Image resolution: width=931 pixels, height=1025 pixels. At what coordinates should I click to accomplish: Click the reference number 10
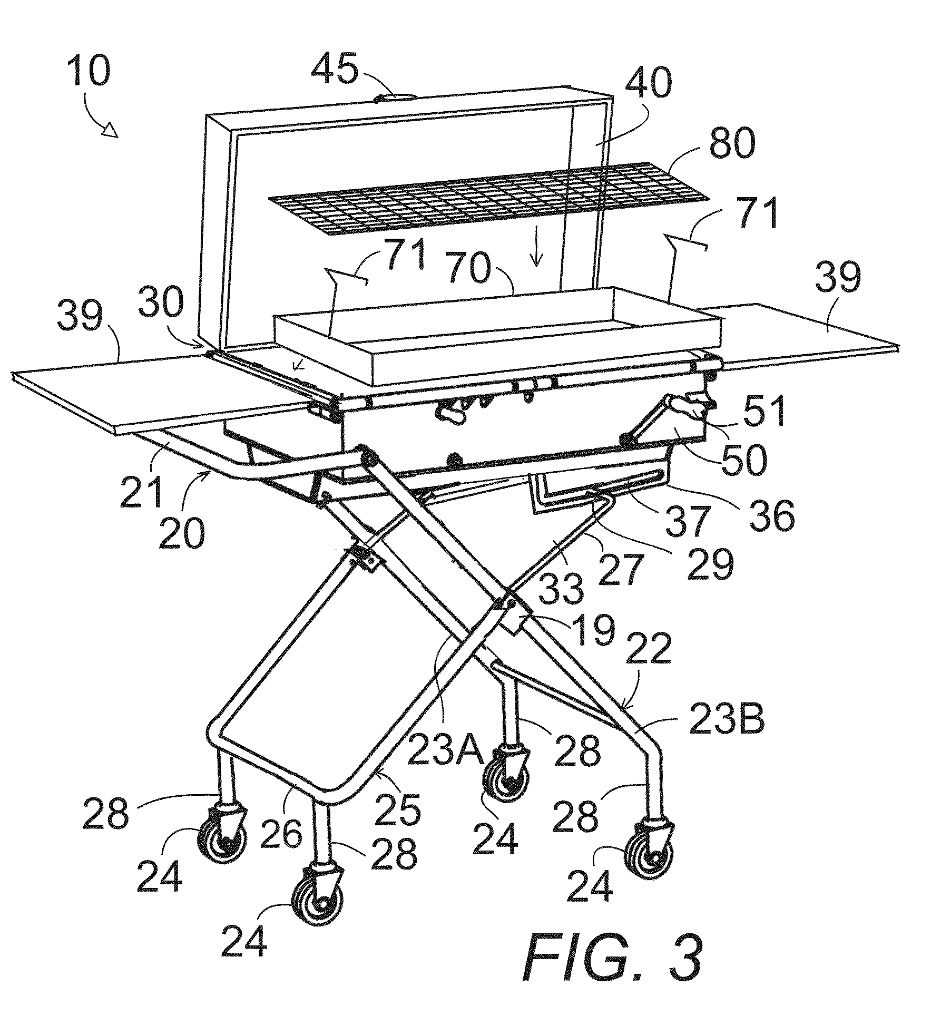[x=89, y=72]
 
